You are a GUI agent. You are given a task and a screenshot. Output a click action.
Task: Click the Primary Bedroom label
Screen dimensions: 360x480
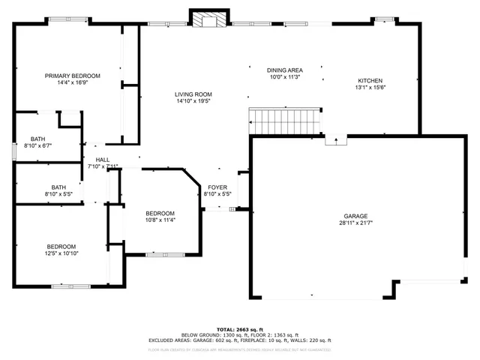pos(72,76)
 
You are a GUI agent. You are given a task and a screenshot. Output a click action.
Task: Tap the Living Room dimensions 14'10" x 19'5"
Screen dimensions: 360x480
pos(193,100)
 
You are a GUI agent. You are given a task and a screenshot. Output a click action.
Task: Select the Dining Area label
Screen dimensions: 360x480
pos(284,69)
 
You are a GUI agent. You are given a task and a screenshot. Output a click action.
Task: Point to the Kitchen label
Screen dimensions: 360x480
pos(370,80)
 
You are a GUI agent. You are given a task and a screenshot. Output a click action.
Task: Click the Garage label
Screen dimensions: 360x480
pos(355,216)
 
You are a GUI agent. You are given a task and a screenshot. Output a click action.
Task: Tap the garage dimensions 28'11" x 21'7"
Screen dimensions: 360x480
pos(355,223)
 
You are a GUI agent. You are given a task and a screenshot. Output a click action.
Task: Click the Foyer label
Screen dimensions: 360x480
pos(217,187)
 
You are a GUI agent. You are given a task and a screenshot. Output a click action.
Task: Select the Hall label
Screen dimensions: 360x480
pos(103,160)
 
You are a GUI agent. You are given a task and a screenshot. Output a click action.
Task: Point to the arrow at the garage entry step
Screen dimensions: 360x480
pos(335,139)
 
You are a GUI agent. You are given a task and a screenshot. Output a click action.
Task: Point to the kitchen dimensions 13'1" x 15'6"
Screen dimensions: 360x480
pos(370,87)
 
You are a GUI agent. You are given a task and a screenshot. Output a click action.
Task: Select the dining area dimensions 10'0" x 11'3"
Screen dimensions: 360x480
pos(284,76)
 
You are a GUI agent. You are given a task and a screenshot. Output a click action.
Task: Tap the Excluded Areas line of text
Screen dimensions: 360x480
pos(239,340)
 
